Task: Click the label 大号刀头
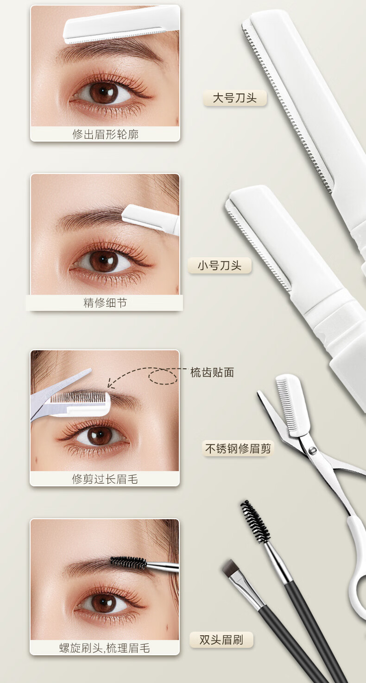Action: click(x=235, y=98)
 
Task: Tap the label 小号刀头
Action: click(x=220, y=265)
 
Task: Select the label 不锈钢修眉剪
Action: click(x=238, y=448)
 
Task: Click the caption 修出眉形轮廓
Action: click(x=105, y=134)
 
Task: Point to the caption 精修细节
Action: click(x=105, y=303)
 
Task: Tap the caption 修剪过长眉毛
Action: click(x=105, y=479)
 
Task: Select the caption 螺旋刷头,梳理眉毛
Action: click(x=105, y=648)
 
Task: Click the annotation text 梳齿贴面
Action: click(x=212, y=373)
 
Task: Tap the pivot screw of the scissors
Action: click(x=312, y=450)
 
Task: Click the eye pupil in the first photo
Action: click(x=104, y=92)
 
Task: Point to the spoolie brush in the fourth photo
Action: click(x=129, y=563)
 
